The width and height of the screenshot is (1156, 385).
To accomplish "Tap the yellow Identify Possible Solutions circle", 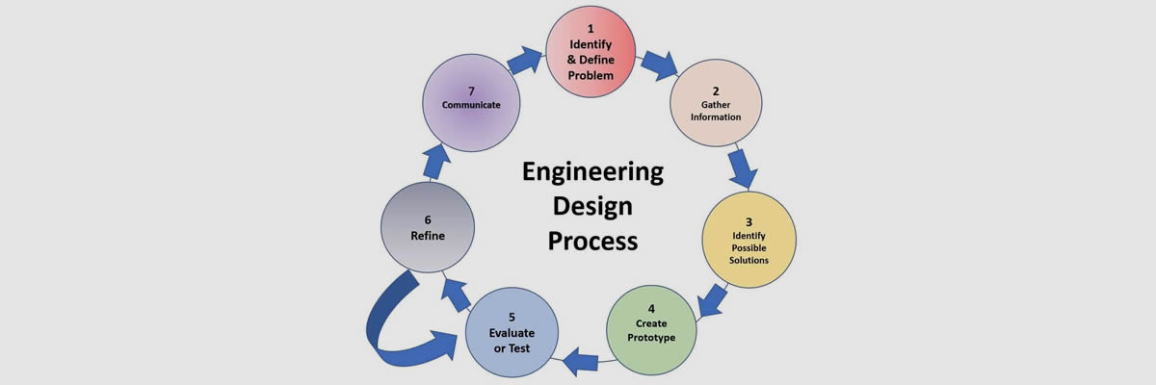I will (x=749, y=238).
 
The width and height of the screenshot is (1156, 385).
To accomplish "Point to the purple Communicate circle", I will (x=471, y=100).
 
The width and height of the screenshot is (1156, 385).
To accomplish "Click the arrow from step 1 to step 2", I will (x=659, y=64).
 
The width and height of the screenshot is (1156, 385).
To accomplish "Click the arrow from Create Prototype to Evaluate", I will (x=582, y=362).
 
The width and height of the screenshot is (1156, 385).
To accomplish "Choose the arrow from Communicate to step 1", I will (x=525, y=61).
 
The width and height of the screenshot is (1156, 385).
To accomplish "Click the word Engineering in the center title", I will (x=592, y=172).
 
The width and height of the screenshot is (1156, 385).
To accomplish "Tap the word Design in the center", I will (x=592, y=206).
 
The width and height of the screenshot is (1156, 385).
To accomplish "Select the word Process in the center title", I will (x=592, y=240).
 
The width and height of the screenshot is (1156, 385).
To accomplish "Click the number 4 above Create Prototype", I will (x=652, y=309).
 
